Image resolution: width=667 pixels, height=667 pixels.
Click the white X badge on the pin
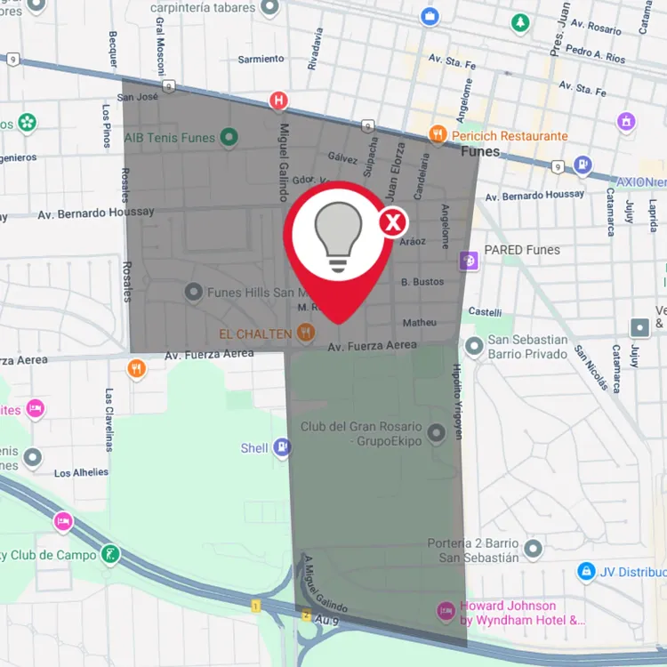pyautogui.click(x=393, y=221)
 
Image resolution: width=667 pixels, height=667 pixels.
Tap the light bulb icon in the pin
pyautogui.click(x=339, y=236)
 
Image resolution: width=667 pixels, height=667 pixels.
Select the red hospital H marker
pyautogui.click(x=280, y=100)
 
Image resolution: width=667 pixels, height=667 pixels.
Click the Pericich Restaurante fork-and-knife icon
pyautogui.click(x=438, y=135)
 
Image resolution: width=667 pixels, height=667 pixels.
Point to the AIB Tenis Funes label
pyautogui.click(x=170, y=138)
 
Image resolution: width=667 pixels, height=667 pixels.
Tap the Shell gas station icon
pyautogui.click(x=282, y=447)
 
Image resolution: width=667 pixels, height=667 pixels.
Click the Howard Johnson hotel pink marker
pyautogui.click(x=446, y=611)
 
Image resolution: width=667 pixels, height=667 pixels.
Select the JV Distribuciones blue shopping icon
pyautogui.click(x=586, y=572)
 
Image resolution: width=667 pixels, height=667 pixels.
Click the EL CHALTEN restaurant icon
pyautogui.click(x=306, y=333)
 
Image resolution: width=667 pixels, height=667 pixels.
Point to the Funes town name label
pyautogui.click(x=480, y=152)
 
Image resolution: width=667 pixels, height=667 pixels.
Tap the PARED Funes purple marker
pyautogui.click(x=469, y=260)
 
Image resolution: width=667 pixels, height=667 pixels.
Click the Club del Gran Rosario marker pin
pyautogui.click(x=436, y=434)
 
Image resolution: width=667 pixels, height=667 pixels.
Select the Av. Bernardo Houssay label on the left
pyautogui.click(x=96, y=213)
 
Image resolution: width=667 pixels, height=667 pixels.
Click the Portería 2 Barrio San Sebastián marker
pyautogui.click(x=533, y=548)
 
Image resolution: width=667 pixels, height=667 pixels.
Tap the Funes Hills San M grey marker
pyautogui.click(x=193, y=292)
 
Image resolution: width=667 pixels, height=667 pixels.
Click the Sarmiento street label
pyautogui.click(x=261, y=60)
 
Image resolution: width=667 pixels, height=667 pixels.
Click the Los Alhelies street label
pyautogui.click(x=81, y=473)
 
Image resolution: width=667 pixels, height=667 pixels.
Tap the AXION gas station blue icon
pyautogui.click(x=583, y=165)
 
